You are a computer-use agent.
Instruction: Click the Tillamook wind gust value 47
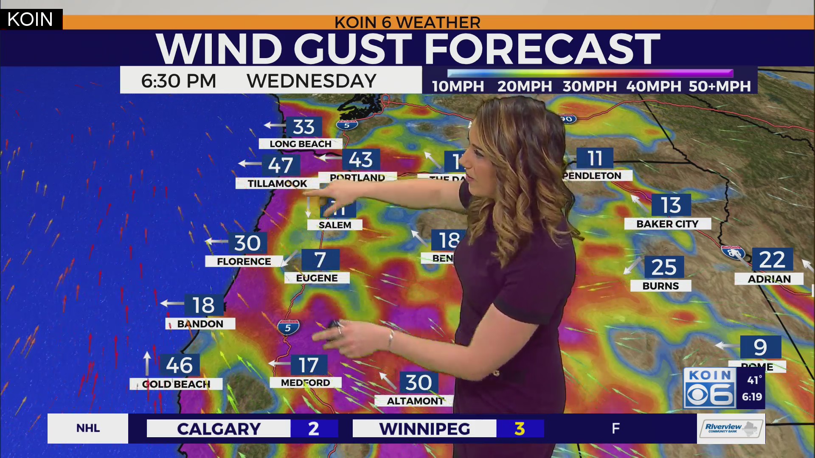281,165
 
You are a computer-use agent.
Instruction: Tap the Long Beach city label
301,144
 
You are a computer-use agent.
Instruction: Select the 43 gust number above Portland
360,160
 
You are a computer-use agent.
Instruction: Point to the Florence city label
244,262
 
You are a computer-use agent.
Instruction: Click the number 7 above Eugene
320,260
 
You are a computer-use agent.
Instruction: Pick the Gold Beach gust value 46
179,365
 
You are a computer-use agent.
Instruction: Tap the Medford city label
305,383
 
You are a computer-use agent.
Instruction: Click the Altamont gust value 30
418,383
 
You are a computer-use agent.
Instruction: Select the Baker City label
667,224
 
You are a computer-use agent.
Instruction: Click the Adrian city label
769,279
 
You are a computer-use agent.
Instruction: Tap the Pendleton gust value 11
595,159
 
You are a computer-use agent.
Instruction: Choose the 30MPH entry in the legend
589,87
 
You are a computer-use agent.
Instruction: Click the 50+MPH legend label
719,87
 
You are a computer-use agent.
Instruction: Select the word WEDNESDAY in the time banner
312,81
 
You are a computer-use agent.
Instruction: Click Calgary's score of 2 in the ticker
314,429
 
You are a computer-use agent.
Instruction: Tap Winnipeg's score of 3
520,429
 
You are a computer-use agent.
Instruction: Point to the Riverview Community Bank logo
731,428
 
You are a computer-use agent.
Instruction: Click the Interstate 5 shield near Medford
288,327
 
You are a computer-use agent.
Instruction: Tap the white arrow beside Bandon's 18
172,303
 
